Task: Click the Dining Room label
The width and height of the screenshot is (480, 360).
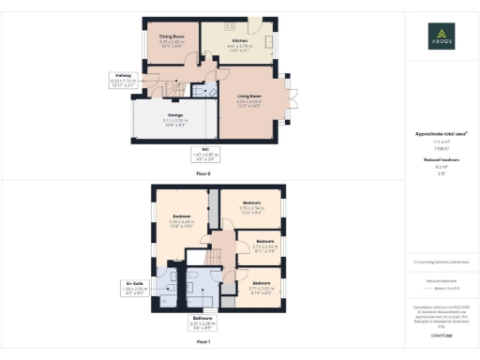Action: click(171, 39)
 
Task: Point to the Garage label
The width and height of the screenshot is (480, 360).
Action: click(176, 119)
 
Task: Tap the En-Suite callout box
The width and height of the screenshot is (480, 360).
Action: click(135, 287)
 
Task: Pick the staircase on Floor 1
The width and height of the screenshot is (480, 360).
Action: click(217, 253)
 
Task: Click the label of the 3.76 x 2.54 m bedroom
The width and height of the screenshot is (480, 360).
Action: click(251, 207)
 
